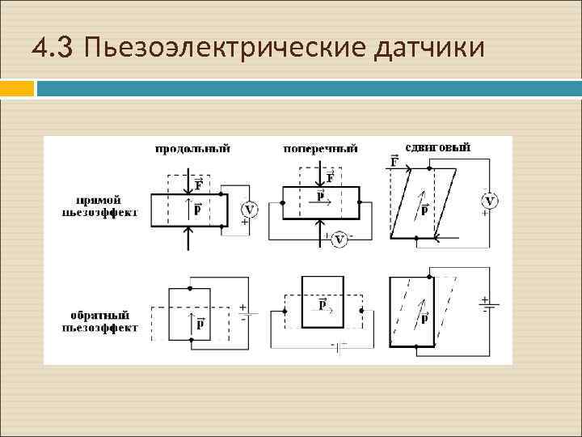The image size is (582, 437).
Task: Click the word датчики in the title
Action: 430,49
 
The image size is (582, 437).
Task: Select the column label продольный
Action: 192,149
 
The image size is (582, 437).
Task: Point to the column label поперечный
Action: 320,149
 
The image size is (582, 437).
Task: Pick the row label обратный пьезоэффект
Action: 98,320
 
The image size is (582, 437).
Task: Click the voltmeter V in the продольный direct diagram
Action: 249,210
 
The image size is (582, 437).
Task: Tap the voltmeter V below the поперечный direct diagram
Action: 340,240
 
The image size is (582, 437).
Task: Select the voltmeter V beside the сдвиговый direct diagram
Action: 490,201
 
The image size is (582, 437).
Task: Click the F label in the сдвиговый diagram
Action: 394,161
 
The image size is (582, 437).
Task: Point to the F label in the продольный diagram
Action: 198,185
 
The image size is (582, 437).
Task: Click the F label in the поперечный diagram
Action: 330,177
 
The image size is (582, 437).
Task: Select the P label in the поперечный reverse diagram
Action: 323,305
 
